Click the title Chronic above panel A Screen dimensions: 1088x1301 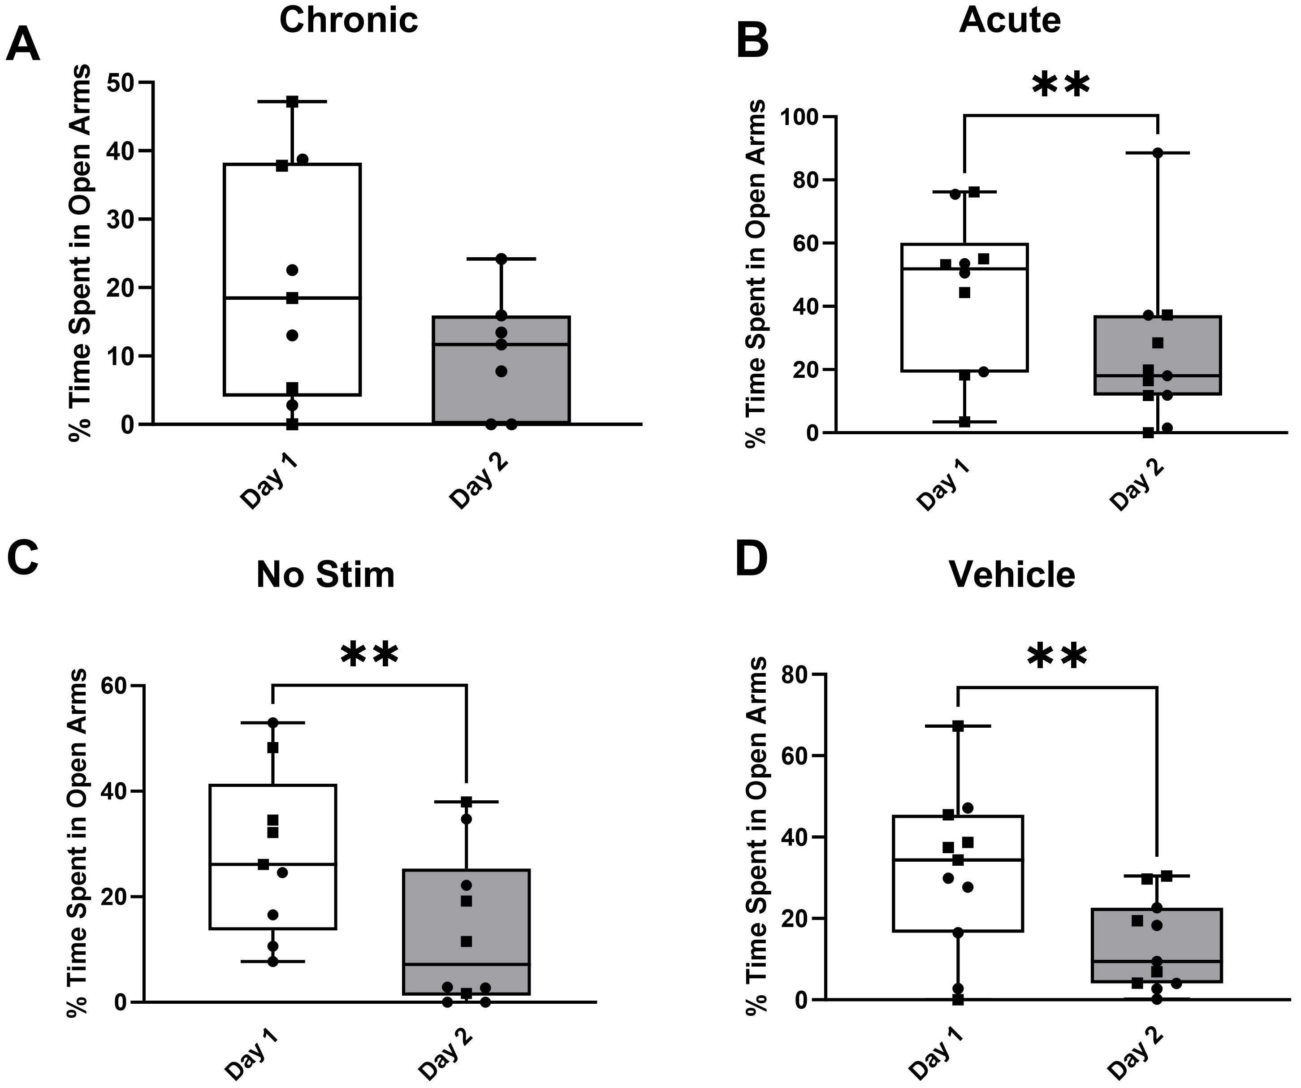click(x=349, y=21)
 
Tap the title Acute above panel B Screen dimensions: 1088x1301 click(x=1010, y=21)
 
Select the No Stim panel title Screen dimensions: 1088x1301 click(x=325, y=575)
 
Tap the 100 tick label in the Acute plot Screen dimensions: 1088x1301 click(x=800, y=117)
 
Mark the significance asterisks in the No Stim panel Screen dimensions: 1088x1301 click(x=369, y=655)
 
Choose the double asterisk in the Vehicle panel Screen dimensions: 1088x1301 click(x=1057, y=657)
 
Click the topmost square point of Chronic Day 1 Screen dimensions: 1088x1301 click(x=292, y=102)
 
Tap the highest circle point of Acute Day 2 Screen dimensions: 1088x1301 click(x=1157, y=153)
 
